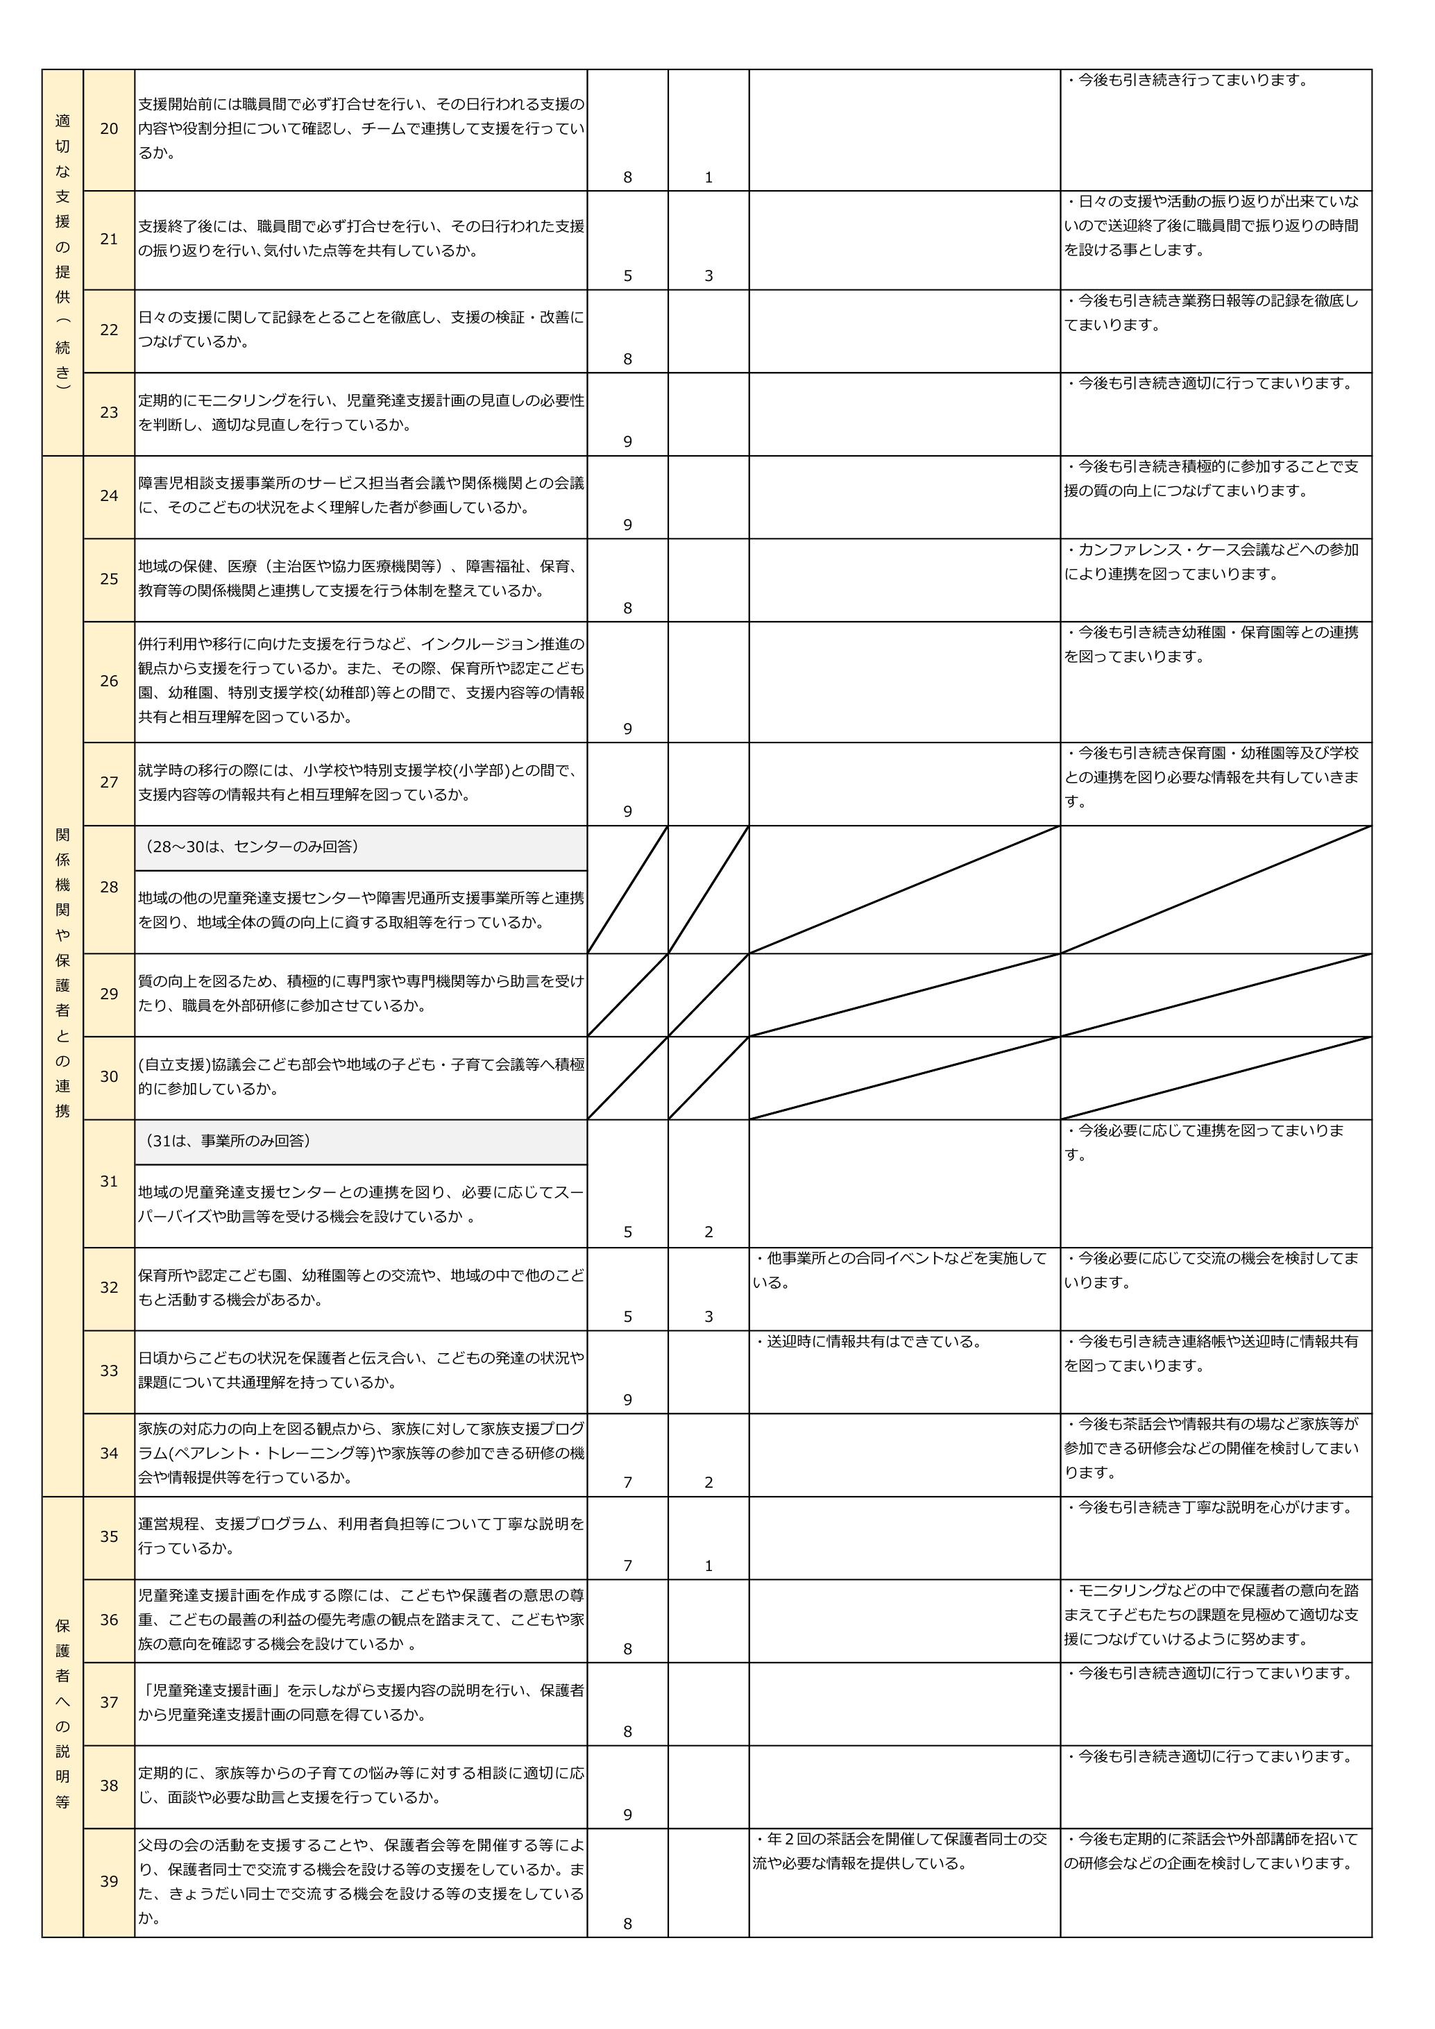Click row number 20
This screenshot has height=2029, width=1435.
109,129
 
